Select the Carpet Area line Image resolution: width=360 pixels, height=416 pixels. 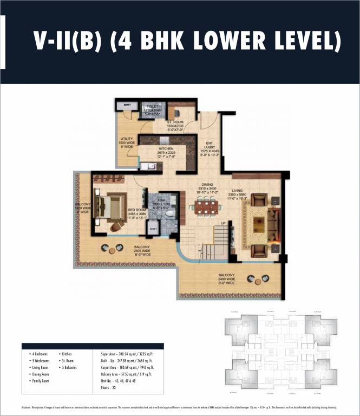[x=125, y=367]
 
